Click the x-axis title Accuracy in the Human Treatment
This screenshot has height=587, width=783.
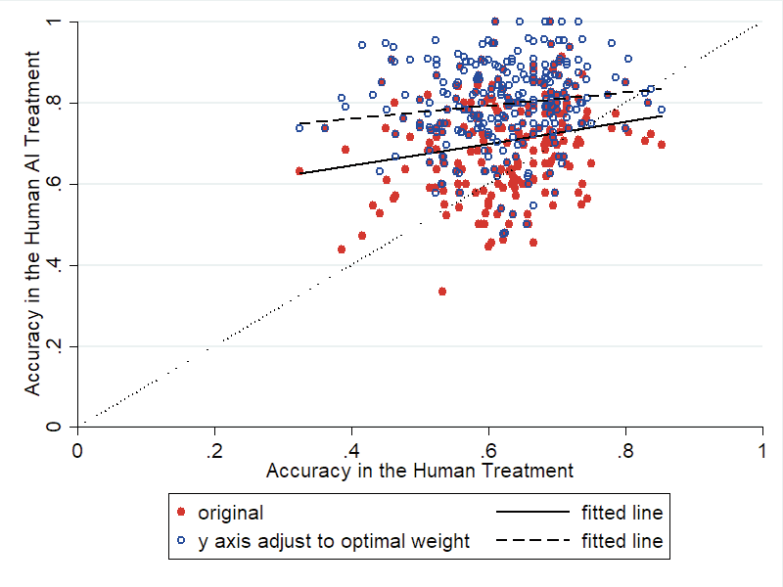point(420,471)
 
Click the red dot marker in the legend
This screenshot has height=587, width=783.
point(180,512)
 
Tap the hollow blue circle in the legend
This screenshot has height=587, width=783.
point(180,540)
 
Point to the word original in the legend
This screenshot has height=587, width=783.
point(231,512)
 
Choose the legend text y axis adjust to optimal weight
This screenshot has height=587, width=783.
point(334,540)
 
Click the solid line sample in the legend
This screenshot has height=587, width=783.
point(532,512)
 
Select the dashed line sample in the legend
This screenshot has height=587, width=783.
point(532,540)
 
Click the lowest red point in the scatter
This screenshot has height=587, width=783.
point(442,291)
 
